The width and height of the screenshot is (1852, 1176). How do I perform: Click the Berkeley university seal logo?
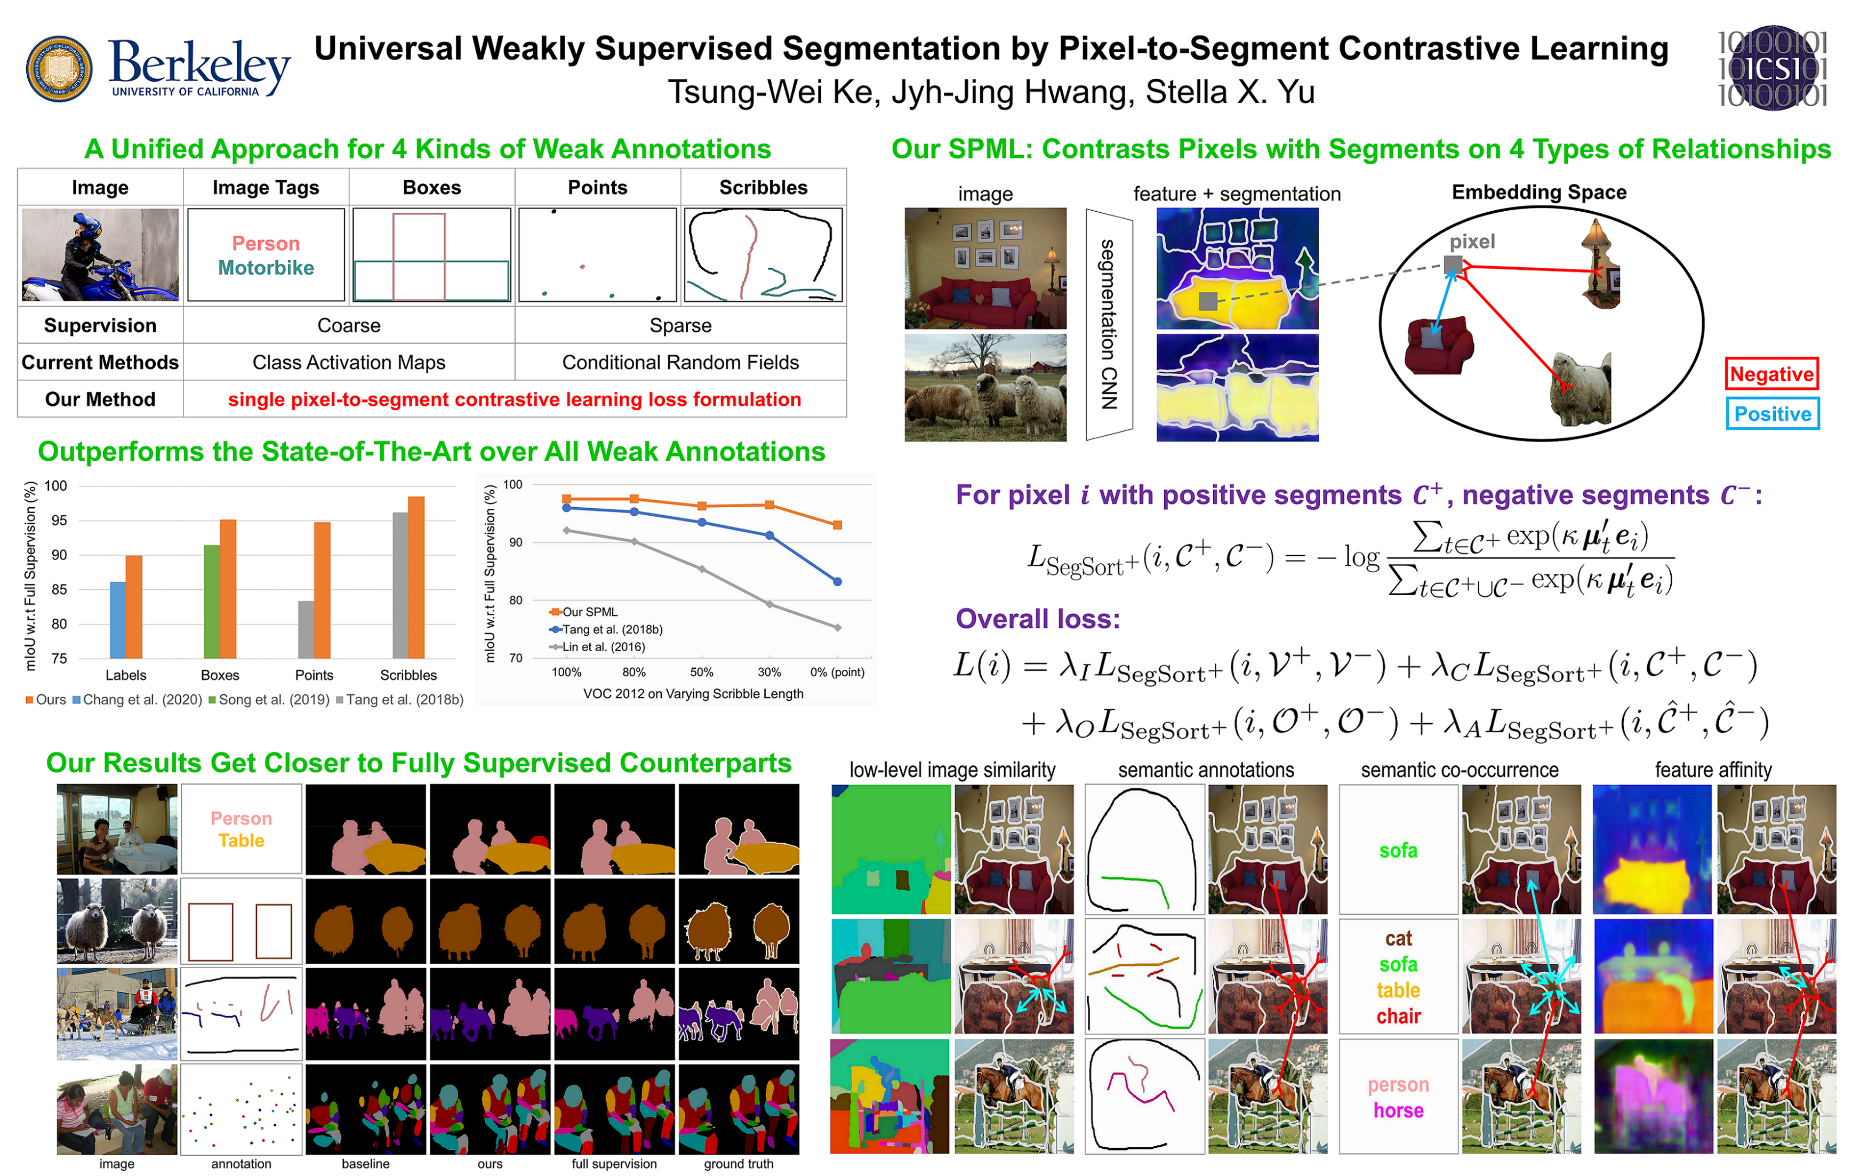coord(59,68)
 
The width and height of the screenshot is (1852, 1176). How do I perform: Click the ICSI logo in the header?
coord(1772,68)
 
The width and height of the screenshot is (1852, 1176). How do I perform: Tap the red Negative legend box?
coord(1771,374)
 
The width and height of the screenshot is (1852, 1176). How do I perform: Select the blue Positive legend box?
coord(1772,414)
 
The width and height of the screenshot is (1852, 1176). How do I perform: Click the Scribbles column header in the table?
coord(763,188)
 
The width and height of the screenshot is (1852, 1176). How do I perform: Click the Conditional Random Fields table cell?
coord(680,362)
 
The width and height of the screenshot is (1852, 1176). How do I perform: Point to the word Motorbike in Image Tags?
coord(266,268)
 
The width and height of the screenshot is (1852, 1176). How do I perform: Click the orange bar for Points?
coord(322,590)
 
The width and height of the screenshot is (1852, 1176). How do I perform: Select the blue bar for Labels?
coord(118,619)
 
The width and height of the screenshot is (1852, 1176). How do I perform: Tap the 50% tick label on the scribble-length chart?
coord(701,672)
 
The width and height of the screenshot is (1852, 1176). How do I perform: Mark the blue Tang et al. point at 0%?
coord(838,581)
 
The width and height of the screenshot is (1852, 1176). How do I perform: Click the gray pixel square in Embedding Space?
coord(1452,265)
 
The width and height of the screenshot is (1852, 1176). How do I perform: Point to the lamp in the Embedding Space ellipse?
coord(1598,261)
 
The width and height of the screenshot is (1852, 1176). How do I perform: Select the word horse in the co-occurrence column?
coord(1398,1110)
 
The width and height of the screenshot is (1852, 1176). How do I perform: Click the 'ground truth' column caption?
coord(739,1164)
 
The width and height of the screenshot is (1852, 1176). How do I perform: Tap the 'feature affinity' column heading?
coord(1713,770)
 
